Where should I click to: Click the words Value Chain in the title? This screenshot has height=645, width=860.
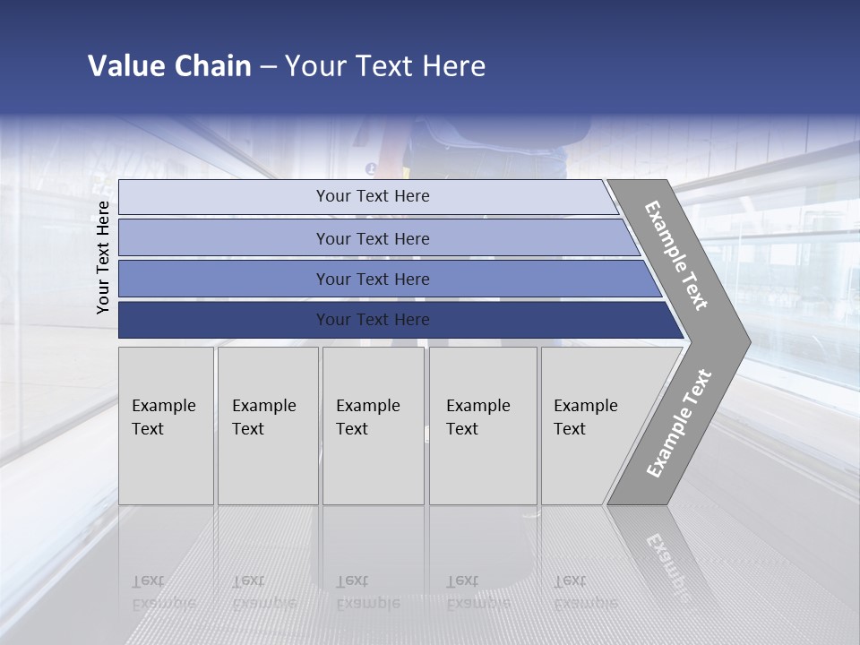click(x=169, y=66)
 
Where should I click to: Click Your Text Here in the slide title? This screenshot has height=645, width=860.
click(x=385, y=66)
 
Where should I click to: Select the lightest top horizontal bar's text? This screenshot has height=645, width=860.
click(x=373, y=196)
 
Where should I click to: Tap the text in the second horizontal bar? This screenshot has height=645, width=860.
click(x=373, y=238)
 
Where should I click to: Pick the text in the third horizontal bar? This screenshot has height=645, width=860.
click(x=373, y=279)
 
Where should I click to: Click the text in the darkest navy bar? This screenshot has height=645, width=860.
click(x=373, y=320)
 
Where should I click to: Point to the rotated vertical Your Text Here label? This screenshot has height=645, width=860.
click(x=103, y=257)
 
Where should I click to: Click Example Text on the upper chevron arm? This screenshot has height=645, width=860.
click(x=676, y=255)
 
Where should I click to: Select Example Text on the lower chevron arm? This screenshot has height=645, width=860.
click(x=679, y=424)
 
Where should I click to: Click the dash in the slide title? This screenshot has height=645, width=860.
click(x=268, y=67)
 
